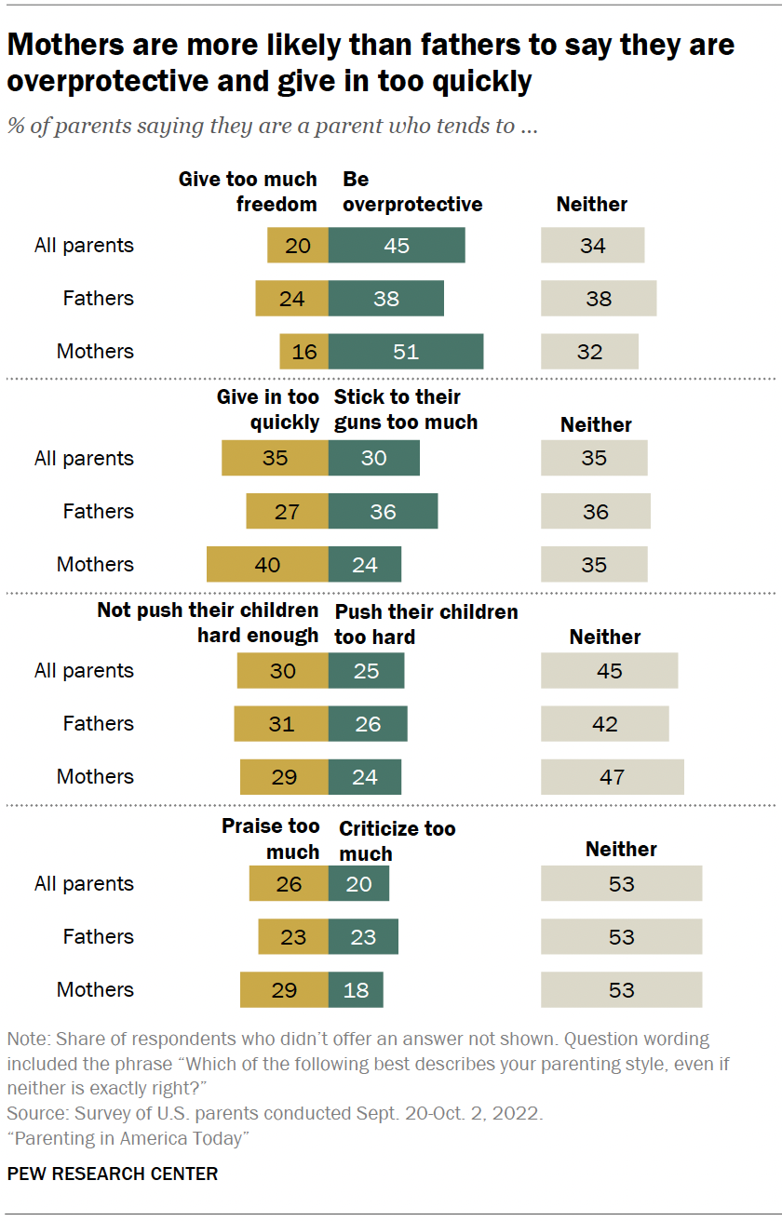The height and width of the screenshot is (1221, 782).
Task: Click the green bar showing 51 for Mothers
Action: pos(406,352)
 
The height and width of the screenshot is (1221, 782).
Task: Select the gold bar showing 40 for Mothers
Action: pos(267,565)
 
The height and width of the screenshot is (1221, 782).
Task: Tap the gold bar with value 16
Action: pos(304,352)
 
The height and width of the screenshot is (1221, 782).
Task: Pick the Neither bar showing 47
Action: pos(613,777)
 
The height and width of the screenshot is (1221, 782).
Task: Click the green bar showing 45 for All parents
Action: pos(397,246)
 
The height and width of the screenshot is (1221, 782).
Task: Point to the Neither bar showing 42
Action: pos(605,724)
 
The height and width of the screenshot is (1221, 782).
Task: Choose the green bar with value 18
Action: pos(356,990)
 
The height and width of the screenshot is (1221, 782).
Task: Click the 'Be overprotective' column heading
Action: pos(412,192)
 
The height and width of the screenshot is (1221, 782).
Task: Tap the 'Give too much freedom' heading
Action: pos(249,192)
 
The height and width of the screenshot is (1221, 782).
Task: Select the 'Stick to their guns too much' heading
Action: pos(406,409)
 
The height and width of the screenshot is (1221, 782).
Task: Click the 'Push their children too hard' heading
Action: pos(425,624)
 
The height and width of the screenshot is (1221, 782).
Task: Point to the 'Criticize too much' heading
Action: pos(397,841)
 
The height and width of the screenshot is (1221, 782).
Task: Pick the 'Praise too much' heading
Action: pos(271,839)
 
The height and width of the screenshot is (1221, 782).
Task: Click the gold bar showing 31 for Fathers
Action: pos(281,724)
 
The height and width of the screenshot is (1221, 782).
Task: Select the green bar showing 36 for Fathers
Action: pos(383,512)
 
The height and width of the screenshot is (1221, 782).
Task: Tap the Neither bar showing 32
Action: pos(590,352)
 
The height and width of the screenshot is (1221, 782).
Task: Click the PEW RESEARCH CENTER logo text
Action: pos(113,1174)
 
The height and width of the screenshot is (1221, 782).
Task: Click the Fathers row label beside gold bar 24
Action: pos(98,299)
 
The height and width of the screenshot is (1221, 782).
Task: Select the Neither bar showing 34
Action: pos(593,246)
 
